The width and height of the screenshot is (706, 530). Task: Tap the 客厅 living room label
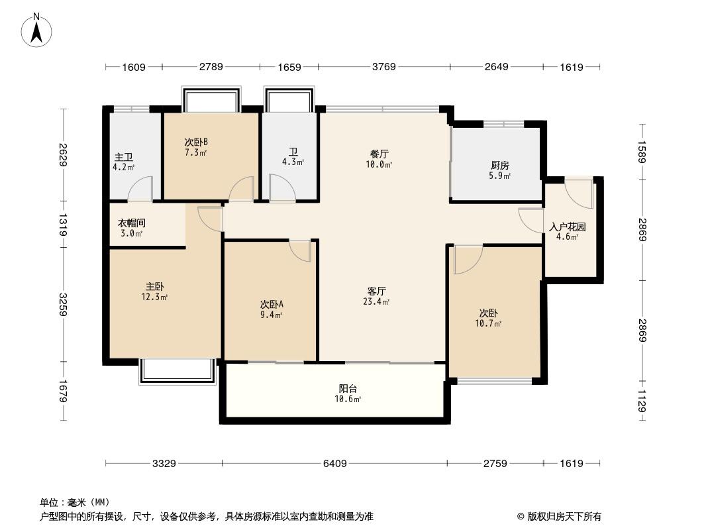(376, 291)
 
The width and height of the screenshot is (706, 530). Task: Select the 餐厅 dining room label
(379, 154)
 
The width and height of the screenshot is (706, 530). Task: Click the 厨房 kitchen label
(500, 165)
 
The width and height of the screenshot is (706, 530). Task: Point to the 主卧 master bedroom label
(154, 286)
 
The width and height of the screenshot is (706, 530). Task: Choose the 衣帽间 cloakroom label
(132, 223)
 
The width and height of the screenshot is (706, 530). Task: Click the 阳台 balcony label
(348, 389)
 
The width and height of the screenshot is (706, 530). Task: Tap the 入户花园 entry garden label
(568, 227)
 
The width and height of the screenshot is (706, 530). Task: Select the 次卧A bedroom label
(272, 304)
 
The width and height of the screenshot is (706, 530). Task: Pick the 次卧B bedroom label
(196, 142)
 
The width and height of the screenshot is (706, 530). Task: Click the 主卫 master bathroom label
(124, 157)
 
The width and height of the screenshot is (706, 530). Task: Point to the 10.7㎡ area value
(488, 323)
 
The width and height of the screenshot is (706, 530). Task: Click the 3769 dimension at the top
(384, 67)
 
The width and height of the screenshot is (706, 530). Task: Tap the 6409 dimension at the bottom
(335, 463)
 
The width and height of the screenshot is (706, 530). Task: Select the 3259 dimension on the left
(62, 304)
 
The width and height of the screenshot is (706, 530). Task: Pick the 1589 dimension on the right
(642, 152)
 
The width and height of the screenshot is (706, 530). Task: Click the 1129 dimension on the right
(642, 401)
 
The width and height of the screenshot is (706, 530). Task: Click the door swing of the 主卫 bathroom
(140, 189)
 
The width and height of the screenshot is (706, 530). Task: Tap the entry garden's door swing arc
(579, 193)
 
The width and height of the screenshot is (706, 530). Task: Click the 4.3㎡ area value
(293, 162)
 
